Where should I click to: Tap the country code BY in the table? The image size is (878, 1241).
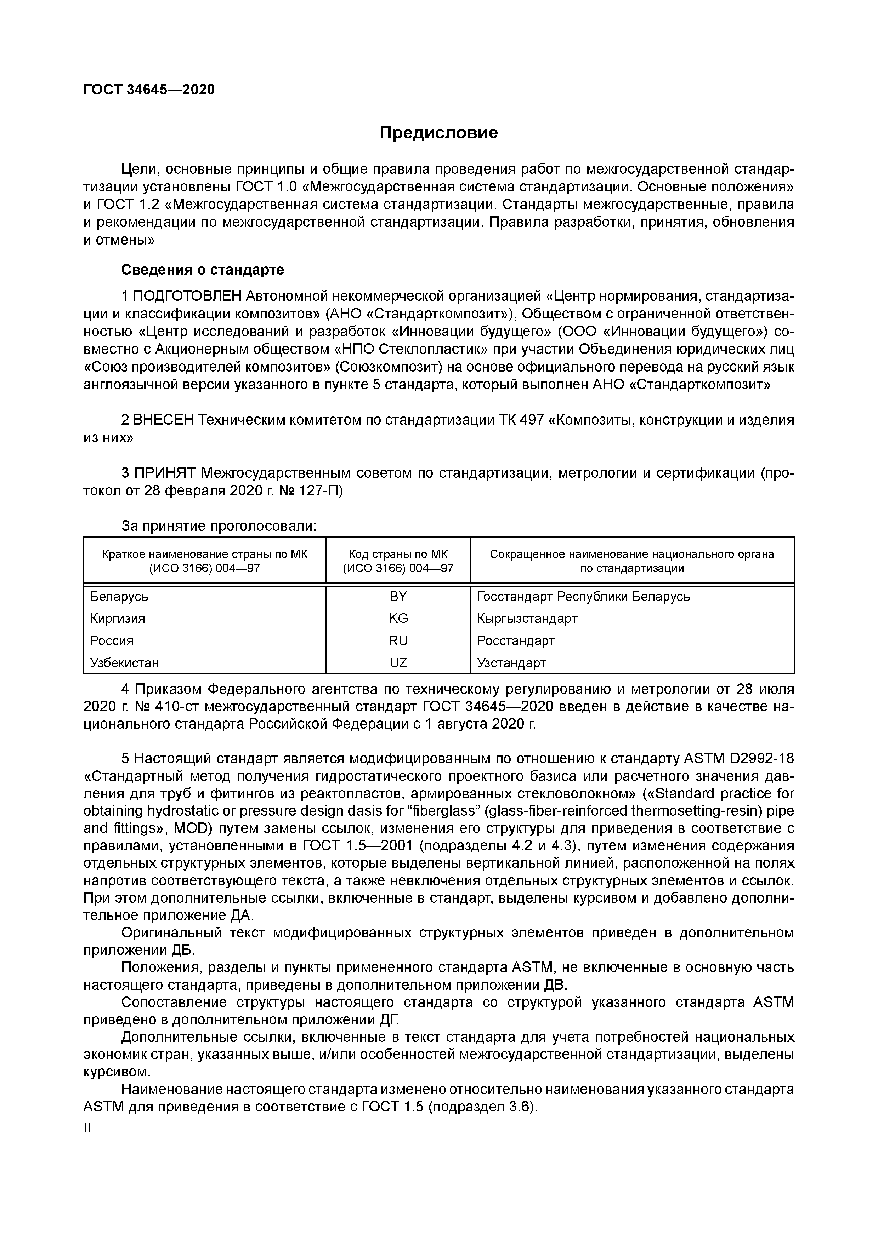coord(398,596)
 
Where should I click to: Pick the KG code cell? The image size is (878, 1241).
coord(398,618)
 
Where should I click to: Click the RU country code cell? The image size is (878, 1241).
coord(398,640)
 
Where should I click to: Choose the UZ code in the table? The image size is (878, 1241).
coord(398,663)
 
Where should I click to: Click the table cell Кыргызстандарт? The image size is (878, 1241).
coord(527,618)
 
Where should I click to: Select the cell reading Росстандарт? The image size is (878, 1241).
coord(516,640)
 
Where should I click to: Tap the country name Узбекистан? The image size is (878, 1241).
coord(124,663)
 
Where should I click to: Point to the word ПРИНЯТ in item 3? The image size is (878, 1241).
coord(164,473)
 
